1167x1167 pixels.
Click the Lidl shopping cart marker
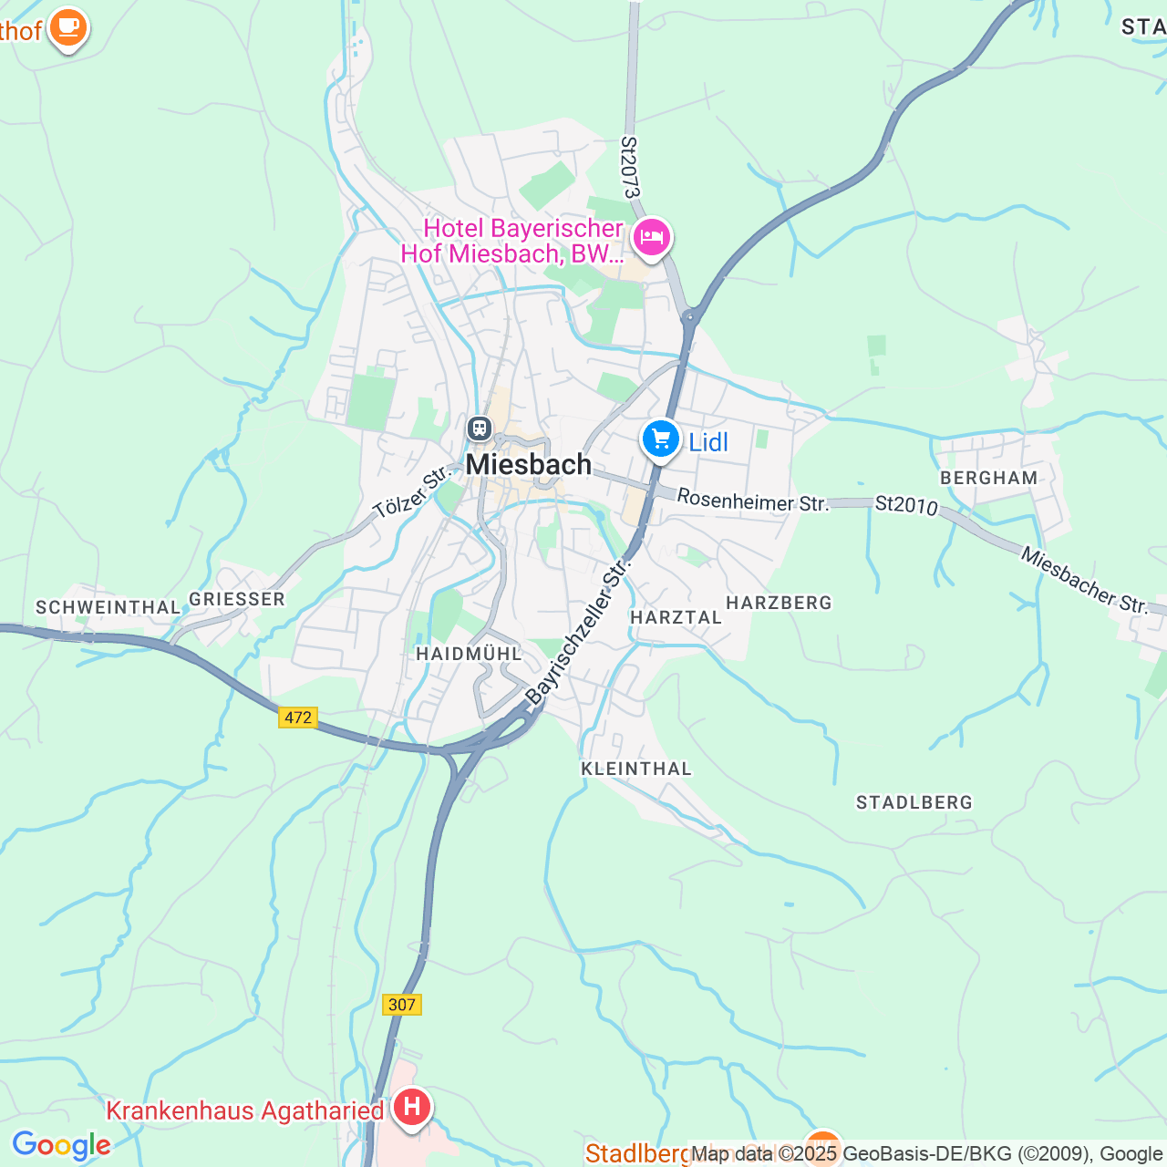point(661,440)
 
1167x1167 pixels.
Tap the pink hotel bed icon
point(652,237)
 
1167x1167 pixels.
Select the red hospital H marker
point(411,1108)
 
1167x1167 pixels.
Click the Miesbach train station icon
point(480,428)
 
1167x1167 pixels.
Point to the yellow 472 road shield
point(298,718)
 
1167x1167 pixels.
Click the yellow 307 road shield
point(401,1005)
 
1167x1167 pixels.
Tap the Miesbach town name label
point(529,465)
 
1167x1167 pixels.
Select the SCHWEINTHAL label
point(108,607)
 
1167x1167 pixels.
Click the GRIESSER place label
point(237,599)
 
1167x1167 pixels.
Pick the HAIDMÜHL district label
point(469,654)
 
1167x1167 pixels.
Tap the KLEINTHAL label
point(636,769)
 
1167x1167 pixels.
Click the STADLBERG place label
point(914,802)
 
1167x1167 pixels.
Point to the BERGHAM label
point(989,478)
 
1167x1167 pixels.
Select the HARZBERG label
point(780,603)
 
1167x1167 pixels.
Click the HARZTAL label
point(676,617)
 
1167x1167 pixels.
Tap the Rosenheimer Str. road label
point(753,501)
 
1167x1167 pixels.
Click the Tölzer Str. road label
point(412,491)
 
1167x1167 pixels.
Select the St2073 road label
point(630,168)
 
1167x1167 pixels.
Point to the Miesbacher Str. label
point(1084,580)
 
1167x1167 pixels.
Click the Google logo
point(61,1145)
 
